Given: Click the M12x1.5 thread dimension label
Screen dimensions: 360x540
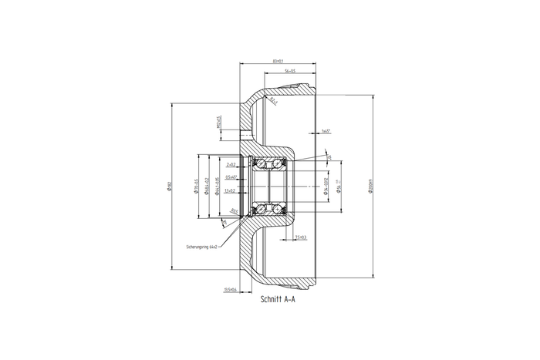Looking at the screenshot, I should coord(218,123).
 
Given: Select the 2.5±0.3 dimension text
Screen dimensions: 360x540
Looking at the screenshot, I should coord(300,237).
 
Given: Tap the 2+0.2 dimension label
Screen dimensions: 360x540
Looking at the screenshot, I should coord(230,164).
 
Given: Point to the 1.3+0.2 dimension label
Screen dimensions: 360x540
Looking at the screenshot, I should coord(230,190).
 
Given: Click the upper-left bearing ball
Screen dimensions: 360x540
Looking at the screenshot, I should coord(260,163).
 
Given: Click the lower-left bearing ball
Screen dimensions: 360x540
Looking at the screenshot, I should coord(260,210).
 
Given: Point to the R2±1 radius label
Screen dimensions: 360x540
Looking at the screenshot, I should coord(274,100).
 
